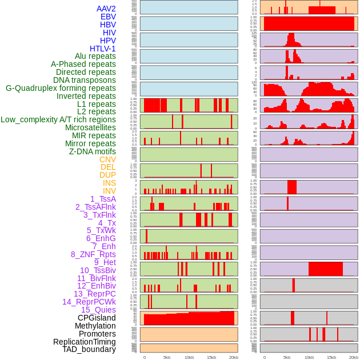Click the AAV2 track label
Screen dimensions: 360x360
[x=106, y=9]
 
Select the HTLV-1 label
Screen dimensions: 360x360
[x=102, y=49]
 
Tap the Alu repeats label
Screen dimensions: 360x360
[x=95, y=57]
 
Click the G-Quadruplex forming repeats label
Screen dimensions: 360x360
[x=61, y=89]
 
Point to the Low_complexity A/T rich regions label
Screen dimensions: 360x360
[x=58, y=120]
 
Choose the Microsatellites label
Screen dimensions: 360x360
[x=90, y=128]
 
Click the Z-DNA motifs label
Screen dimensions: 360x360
[x=92, y=151]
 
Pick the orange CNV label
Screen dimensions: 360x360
[x=107, y=159]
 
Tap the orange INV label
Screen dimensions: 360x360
[x=109, y=191]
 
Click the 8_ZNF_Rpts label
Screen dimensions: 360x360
[x=93, y=254]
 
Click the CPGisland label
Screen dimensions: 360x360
[x=97, y=318]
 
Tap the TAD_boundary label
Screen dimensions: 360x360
[x=89, y=349]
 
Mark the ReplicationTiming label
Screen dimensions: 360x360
[x=84, y=342]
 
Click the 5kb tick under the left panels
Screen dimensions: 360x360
[x=167, y=357]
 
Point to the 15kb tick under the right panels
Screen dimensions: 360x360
[x=331, y=357]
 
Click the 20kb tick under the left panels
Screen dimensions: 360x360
[x=234, y=357]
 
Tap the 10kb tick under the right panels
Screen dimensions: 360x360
[x=309, y=357]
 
